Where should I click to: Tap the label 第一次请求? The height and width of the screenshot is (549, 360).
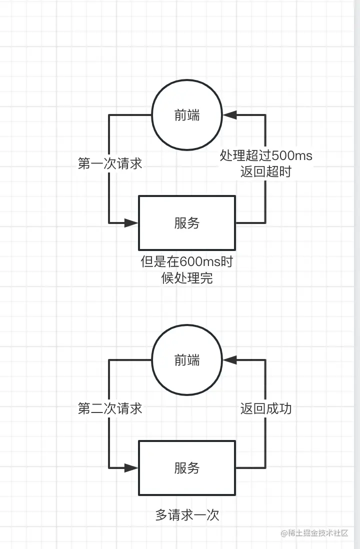pos(110,163)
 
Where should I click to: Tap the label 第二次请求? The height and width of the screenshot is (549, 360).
pos(110,408)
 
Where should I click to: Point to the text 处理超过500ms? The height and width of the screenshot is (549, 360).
pos(266,156)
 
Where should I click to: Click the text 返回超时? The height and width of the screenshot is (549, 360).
pos(266,171)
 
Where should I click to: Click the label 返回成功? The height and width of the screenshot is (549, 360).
pos(266,408)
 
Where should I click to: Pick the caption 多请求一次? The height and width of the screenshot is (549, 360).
pos(187,515)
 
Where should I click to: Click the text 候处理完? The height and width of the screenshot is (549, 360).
pos(187,278)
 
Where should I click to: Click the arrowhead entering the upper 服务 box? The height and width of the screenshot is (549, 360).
pos(131,222)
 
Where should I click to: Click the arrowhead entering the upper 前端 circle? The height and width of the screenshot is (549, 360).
pos(229,115)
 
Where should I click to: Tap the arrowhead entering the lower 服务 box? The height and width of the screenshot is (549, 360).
pos(131,468)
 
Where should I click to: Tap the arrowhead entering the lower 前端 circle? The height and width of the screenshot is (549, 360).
pos(229,359)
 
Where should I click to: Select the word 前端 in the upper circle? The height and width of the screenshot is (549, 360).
pos(187,115)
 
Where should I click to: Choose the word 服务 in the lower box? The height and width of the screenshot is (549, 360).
pos(187,468)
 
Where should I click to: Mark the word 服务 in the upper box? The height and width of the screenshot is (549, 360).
pos(187,223)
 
